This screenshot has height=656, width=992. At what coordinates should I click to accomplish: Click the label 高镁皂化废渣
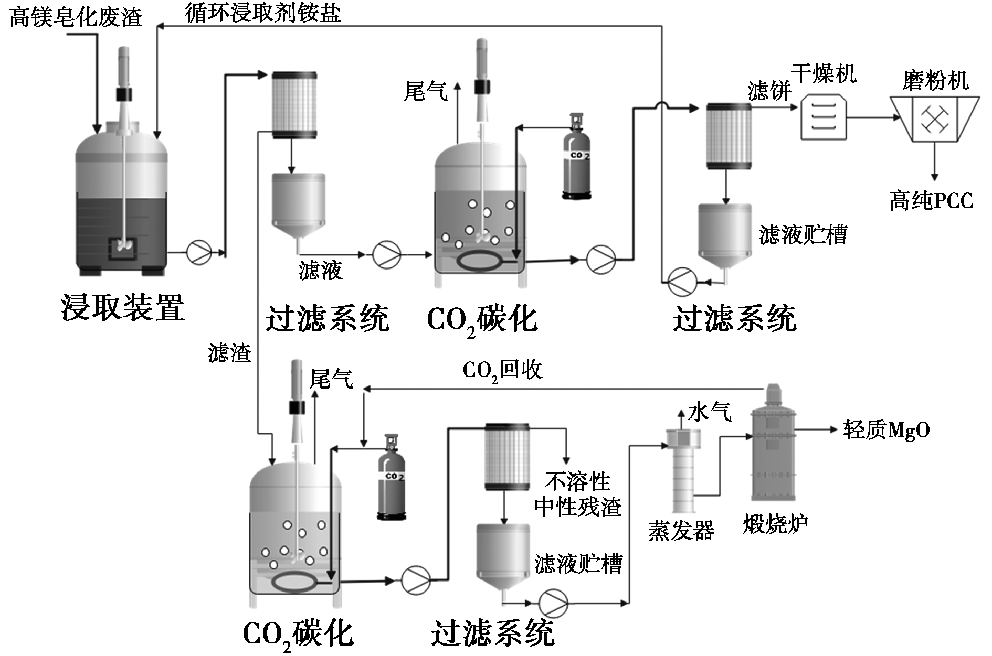(76, 17)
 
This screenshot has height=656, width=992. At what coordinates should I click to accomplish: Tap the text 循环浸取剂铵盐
(263, 12)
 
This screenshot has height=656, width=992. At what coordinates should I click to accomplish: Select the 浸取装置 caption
(123, 308)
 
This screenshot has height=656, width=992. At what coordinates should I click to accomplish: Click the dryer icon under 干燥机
(824, 116)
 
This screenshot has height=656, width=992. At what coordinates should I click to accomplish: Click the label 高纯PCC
(931, 201)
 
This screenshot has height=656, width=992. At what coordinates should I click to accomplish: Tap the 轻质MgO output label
(887, 430)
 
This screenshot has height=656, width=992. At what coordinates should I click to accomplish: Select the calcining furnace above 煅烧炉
(773, 443)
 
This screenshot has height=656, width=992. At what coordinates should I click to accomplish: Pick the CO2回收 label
(502, 371)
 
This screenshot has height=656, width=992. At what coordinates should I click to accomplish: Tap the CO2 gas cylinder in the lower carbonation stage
(392, 477)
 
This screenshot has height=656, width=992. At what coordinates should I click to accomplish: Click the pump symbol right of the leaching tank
(199, 252)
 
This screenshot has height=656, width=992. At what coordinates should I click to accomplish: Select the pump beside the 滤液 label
(387, 255)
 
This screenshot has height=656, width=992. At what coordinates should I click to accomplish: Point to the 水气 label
(710, 412)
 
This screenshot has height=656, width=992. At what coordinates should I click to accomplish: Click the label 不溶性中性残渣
(578, 494)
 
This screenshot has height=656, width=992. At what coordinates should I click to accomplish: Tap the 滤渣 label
(229, 352)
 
